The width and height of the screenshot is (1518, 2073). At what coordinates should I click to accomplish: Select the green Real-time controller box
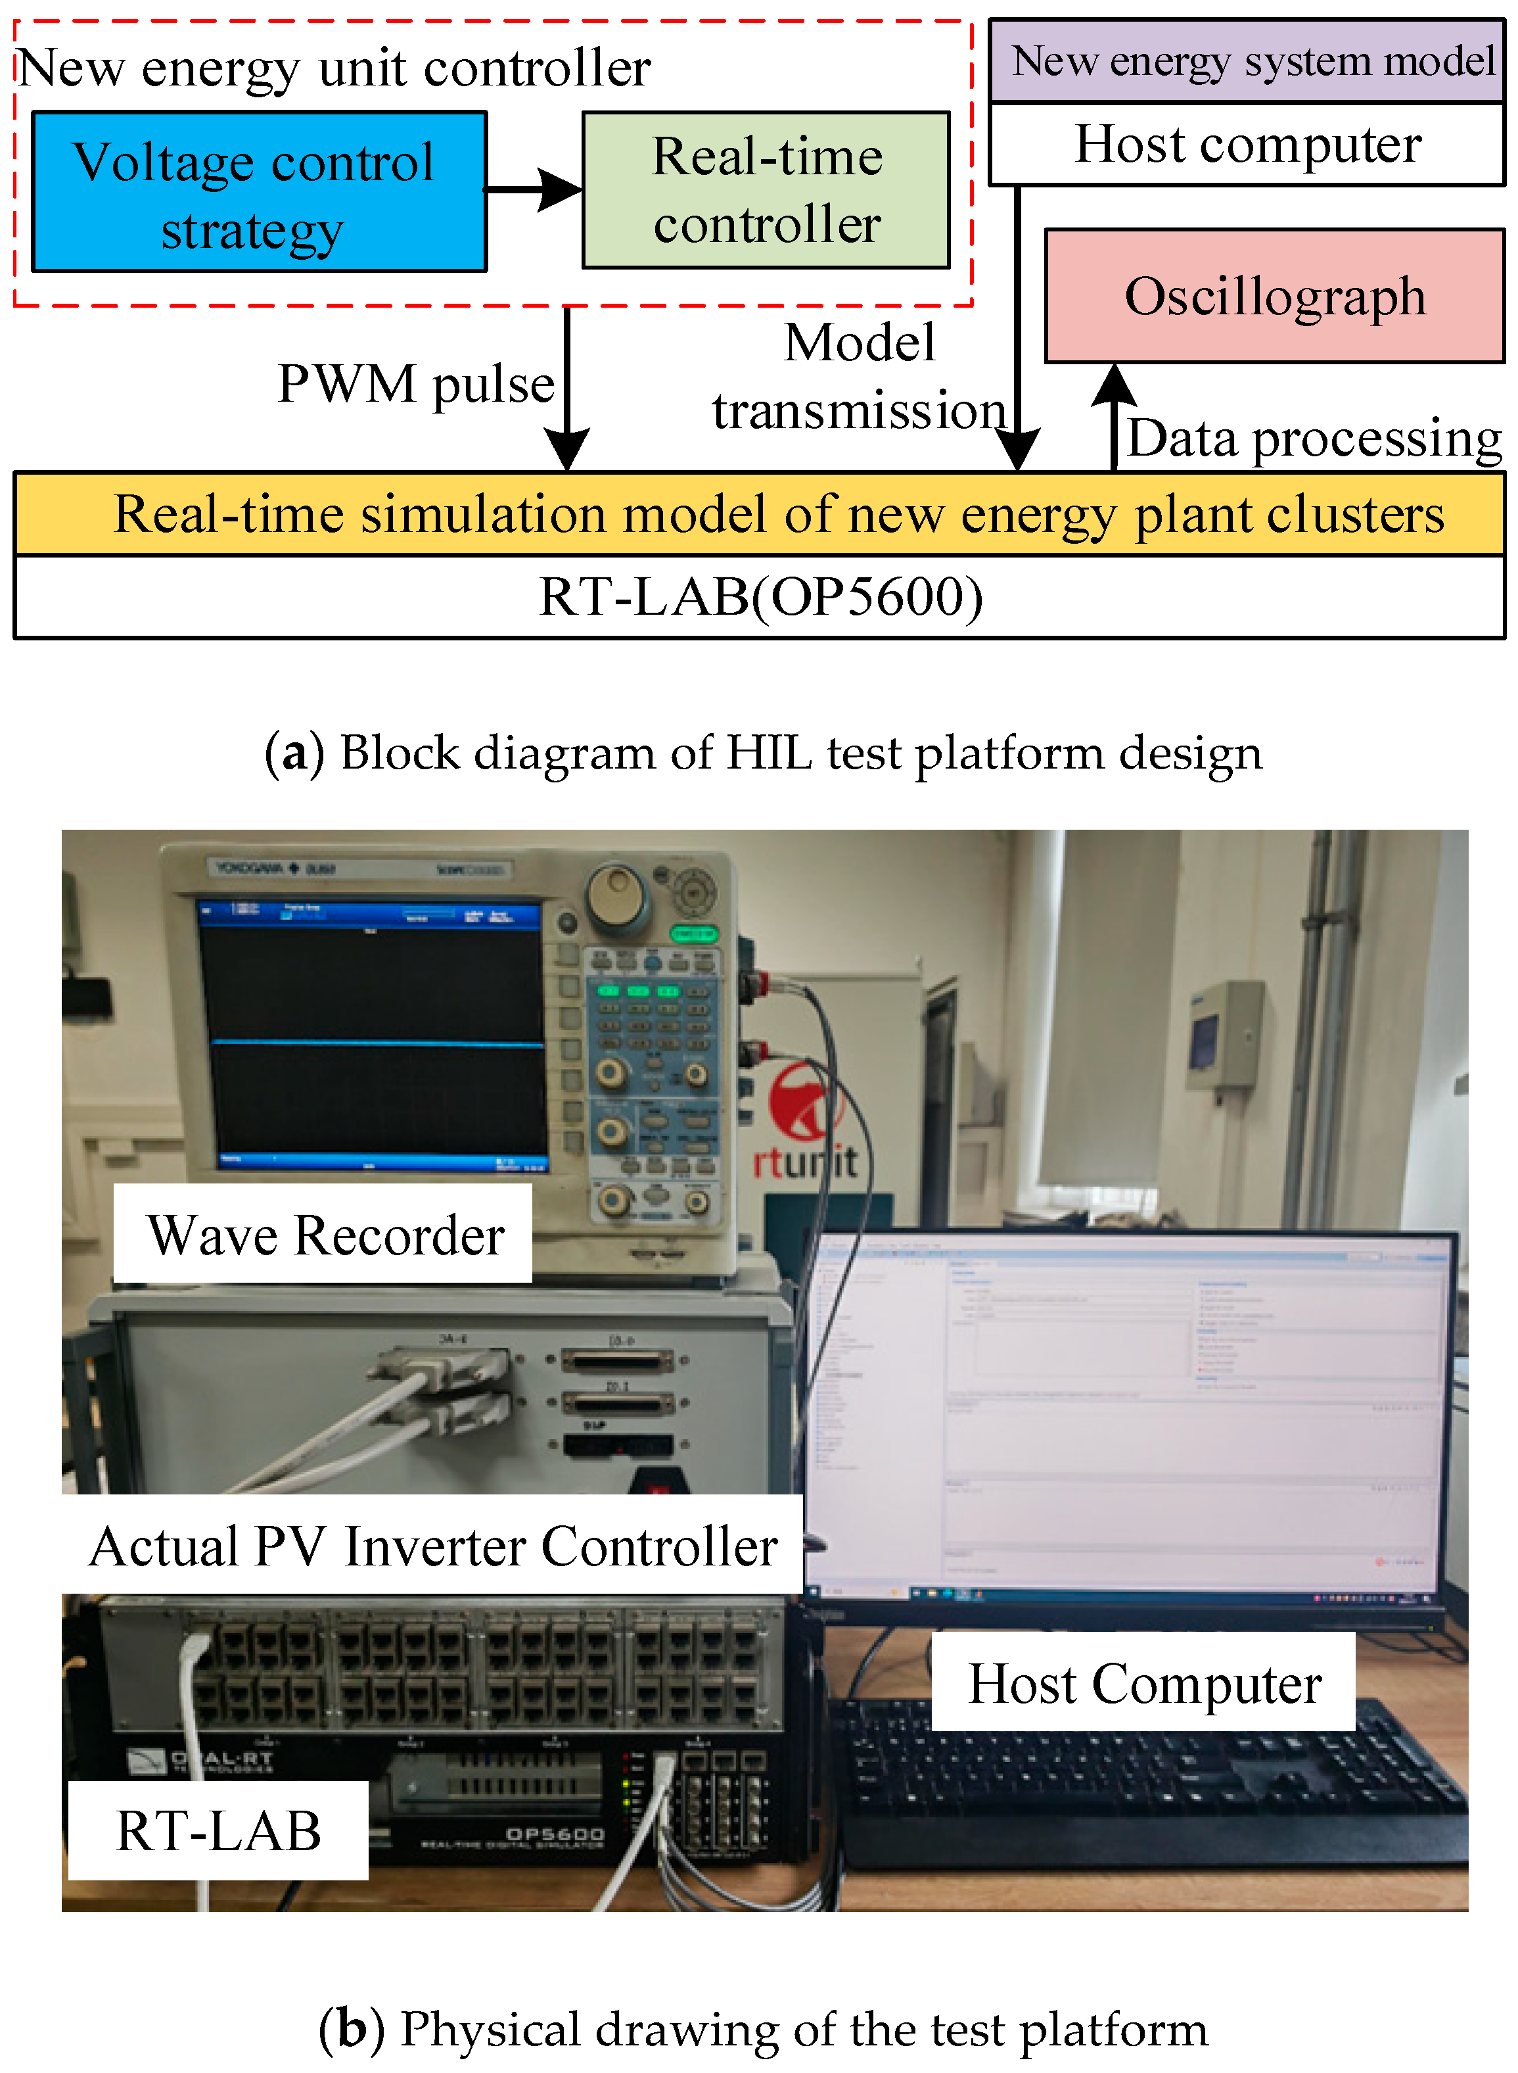tap(766, 190)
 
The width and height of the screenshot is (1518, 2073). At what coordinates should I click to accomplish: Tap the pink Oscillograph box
tap(1274, 296)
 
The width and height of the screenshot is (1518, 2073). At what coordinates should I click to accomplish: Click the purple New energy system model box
tap(1247, 62)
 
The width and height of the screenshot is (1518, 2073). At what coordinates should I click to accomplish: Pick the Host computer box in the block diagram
tap(1247, 145)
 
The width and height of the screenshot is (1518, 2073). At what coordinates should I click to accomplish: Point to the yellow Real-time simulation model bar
tap(759, 514)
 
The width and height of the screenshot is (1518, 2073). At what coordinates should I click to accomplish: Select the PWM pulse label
tap(416, 383)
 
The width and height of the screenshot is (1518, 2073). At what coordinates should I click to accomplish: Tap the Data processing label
tap(1314, 439)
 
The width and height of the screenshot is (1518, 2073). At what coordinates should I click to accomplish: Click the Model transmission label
tap(859, 376)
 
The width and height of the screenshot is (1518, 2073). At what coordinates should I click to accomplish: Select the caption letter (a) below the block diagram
tap(294, 753)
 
